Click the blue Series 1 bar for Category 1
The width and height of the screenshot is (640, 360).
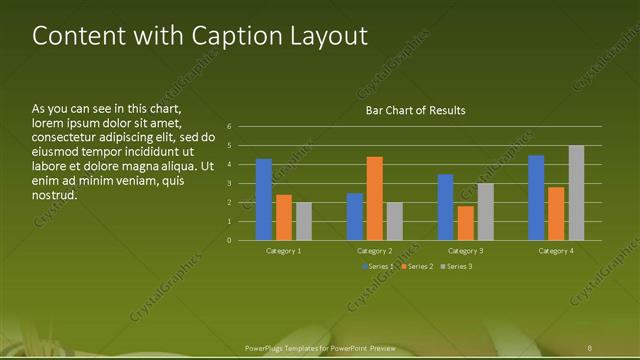pyautogui.click(x=264, y=200)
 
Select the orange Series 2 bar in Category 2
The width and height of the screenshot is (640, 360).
pyautogui.click(x=375, y=198)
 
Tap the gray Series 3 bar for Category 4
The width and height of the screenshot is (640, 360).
pyautogui.click(x=576, y=193)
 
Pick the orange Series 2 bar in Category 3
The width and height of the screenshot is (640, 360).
pyautogui.click(x=466, y=223)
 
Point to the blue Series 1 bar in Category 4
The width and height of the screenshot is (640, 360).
pyautogui.click(x=536, y=198)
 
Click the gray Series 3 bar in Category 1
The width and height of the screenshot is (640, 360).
pyautogui.click(x=303, y=221)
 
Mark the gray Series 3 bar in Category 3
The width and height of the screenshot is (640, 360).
pyautogui.click(x=485, y=212)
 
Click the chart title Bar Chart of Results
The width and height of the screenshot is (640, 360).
pyautogui.click(x=415, y=110)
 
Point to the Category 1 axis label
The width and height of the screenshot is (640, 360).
pyautogui.click(x=284, y=251)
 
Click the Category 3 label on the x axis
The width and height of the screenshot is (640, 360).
pyautogui.click(x=465, y=251)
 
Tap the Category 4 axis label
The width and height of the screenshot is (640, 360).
pyautogui.click(x=556, y=251)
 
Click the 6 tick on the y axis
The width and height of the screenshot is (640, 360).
pyautogui.click(x=229, y=127)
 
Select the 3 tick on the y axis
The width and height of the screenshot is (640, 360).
pyautogui.click(x=229, y=184)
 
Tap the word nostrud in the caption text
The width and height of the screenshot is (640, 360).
pyautogui.click(x=55, y=194)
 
